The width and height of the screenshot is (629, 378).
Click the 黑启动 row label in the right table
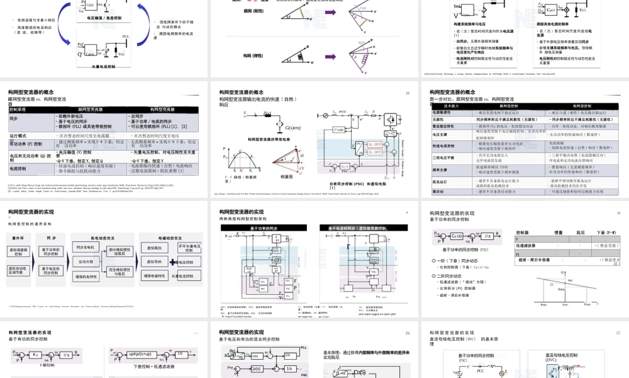pos(438,192)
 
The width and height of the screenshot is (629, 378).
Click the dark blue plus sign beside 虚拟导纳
pos(174,261)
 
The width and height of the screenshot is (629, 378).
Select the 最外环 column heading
pos(19,238)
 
